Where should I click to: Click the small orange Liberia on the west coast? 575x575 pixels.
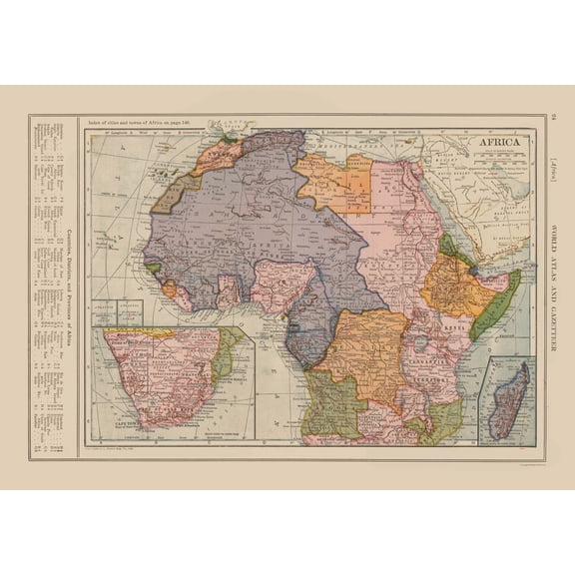point(169,289)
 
